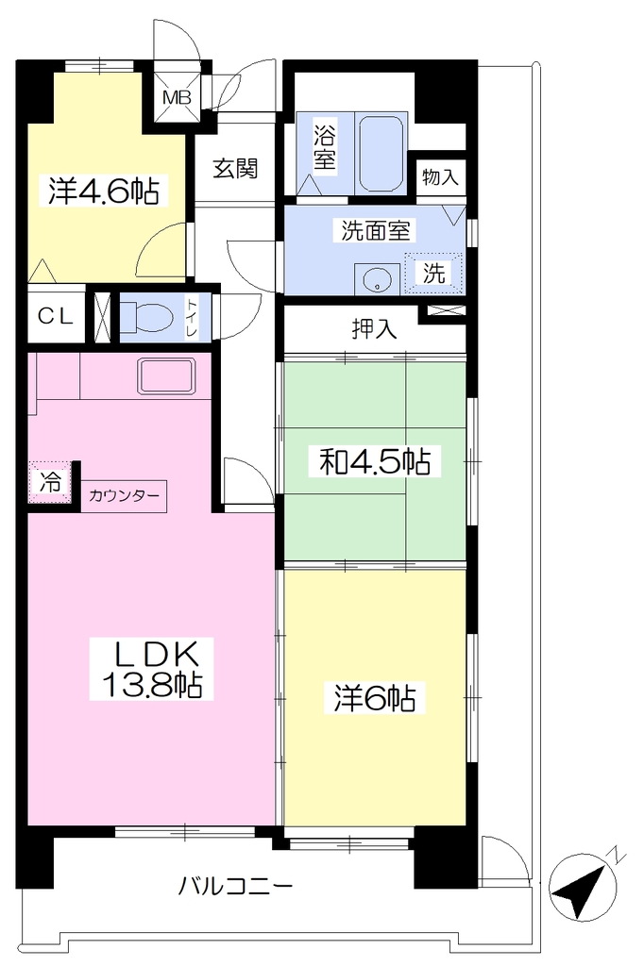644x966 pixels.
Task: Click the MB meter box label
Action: (177, 97)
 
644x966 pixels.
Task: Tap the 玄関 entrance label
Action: (236, 168)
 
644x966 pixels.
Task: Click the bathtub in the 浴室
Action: (381, 154)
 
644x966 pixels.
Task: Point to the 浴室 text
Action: (325, 148)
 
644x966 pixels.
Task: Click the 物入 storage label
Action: (440, 177)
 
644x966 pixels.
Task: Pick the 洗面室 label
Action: (375, 230)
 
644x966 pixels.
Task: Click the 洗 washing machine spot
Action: (433, 273)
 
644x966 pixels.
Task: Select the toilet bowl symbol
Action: (144, 319)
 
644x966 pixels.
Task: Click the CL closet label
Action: (56, 317)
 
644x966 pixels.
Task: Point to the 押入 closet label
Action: (374, 329)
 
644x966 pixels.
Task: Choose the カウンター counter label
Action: (124, 495)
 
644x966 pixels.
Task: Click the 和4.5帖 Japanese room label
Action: (375, 460)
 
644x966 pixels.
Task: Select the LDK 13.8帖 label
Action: (152, 669)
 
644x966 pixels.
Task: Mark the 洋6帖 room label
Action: (375, 699)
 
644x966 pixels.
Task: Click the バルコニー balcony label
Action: (235, 887)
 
